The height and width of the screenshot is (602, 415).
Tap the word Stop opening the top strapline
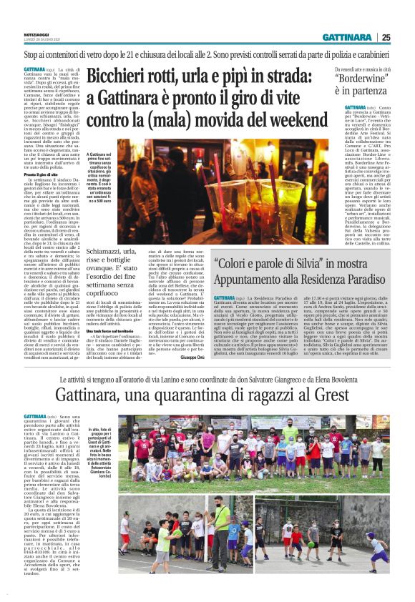click(x=31, y=54)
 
